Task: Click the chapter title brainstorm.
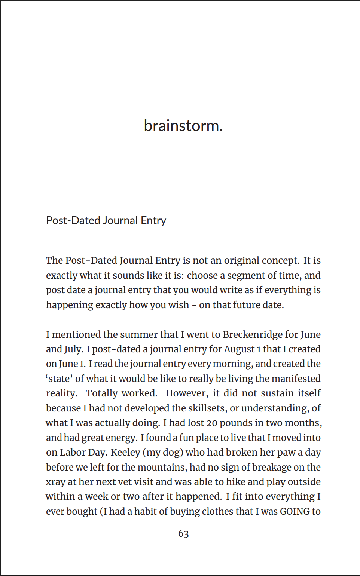click(x=183, y=126)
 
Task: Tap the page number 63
click(x=183, y=533)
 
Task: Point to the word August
click(x=239, y=349)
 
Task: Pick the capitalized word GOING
click(x=295, y=511)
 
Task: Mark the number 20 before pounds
click(x=211, y=423)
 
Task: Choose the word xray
click(x=55, y=482)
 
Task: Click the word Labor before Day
click(x=73, y=452)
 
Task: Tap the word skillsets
click(x=206, y=408)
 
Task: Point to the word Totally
click(x=102, y=393)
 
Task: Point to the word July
click(x=74, y=349)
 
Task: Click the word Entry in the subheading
click(x=153, y=220)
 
